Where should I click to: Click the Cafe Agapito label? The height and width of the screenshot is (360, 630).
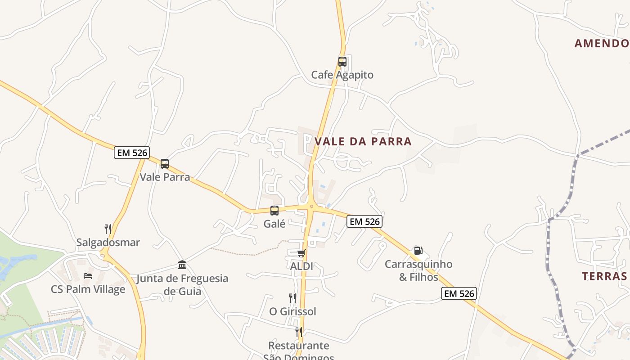pyautogui.click(x=342, y=75)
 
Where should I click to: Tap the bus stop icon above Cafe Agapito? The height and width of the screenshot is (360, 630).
pyautogui.click(x=342, y=62)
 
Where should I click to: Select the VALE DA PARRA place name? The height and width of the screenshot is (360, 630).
pyautogui.click(x=363, y=141)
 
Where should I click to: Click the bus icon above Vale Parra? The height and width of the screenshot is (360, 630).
pyautogui.click(x=165, y=164)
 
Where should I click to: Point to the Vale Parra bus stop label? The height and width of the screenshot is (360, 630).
pyautogui.click(x=165, y=177)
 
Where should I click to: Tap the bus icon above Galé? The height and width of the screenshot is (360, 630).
pyautogui.click(x=274, y=210)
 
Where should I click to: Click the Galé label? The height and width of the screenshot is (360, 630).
pyautogui.click(x=274, y=224)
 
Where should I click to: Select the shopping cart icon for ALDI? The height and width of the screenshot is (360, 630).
pyautogui.click(x=301, y=253)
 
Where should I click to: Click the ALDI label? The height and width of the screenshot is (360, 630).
pyautogui.click(x=301, y=266)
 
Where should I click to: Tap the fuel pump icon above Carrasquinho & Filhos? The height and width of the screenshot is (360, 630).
pyautogui.click(x=418, y=251)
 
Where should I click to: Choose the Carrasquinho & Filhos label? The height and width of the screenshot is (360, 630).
pyautogui.click(x=418, y=270)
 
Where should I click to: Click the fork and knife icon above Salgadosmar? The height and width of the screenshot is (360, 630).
pyautogui.click(x=108, y=229)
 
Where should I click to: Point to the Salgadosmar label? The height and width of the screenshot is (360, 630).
pyautogui.click(x=108, y=243)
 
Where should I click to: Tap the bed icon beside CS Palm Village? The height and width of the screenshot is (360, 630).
pyautogui.click(x=88, y=275)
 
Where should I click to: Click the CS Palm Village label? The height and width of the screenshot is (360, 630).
pyautogui.click(x=88, y=289)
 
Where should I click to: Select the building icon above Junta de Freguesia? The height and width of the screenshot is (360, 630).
pyautogui.click(x=182, y=265)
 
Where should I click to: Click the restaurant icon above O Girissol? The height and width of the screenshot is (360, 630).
pyautogui.click(x=292, y=298)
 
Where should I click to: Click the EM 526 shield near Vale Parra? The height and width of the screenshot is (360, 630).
pyautogui.click(x=131, y=153)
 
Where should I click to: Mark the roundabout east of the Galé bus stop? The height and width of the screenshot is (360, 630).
pyautogui.click(x=311, y=207)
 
